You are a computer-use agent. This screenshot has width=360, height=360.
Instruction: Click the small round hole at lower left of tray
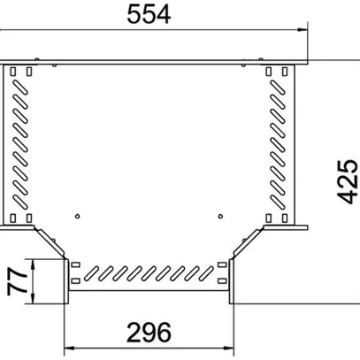click(x=78, y=215)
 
